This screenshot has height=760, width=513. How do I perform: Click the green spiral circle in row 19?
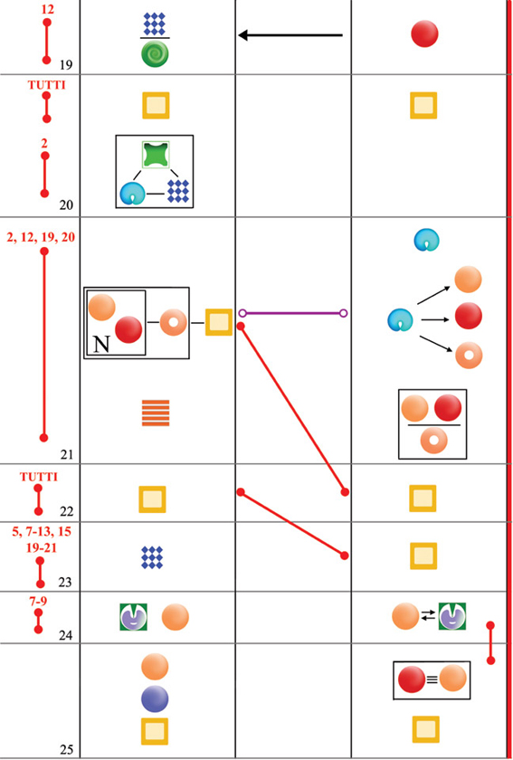click(x=155, y=52)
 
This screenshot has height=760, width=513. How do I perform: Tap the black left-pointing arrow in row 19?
click(x=290, y=35)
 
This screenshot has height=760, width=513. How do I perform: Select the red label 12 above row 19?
click(x=47, y=8)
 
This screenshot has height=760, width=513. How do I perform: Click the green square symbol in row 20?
click(x=156, y=156)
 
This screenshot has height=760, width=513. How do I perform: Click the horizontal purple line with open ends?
click(x=293, y=313)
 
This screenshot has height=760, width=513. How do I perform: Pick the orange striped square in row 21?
click(x=156, y=413)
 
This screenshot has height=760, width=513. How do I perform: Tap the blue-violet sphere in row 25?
click(x=155, y=698)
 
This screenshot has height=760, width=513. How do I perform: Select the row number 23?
click(x=65, y=582)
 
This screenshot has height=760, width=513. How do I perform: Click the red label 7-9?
click(x=38, y=601)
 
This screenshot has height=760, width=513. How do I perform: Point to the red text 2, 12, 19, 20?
click(x=42, y=237)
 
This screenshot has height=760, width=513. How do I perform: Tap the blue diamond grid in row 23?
click(x=152, y=557)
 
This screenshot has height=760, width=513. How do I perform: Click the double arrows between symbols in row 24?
click(x=428, y=616)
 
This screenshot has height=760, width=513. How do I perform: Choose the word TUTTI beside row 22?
click(x=38, y=477)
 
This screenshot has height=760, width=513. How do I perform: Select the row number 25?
click(x=67, y=750)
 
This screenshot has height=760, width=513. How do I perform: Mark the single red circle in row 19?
click(x=424, y=34)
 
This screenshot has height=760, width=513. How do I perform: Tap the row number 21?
click(x=65, y=454)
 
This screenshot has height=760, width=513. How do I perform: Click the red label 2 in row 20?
click(x=44, y=144)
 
